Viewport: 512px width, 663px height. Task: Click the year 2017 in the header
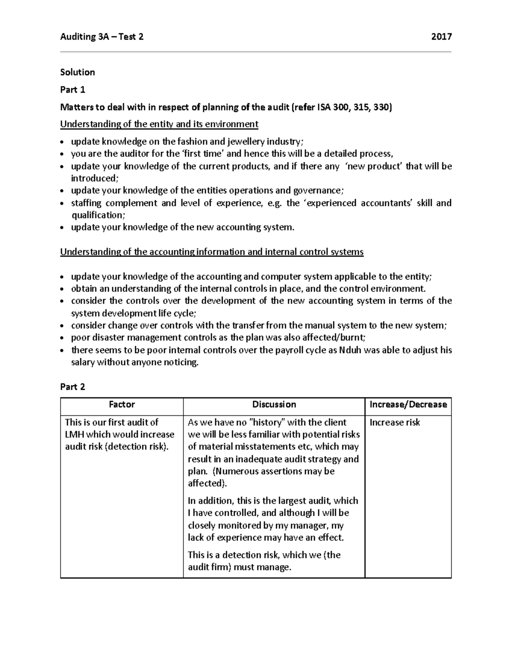pyautogui.click(x=441, y=37)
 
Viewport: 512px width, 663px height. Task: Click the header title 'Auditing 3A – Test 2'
pyautogui.click(x=102, y=37)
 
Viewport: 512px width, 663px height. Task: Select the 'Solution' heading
pyautogui.click(x=77, y=72)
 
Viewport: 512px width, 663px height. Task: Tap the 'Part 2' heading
pyautogui.click(x=73, y=387)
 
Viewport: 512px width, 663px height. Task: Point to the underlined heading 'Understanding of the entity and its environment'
pyautogui.click(x=159, y=124)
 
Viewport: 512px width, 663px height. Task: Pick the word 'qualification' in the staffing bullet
pyautogui.click(x=97, y=215)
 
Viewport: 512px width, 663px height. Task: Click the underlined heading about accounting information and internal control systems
pyautogui.click(x=212, y=252)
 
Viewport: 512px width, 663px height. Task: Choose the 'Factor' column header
pyautogui.click(x=122, y=405)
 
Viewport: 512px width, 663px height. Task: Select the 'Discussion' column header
pyautogui.click(x=274, y=405)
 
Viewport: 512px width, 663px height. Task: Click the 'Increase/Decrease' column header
pyautogui.click(x=408, y=405)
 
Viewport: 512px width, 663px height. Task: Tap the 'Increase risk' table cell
pyautogui.click(x=395, y=423)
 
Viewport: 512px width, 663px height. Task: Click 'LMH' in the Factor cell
pyautogui.click(x=75, y=435)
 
